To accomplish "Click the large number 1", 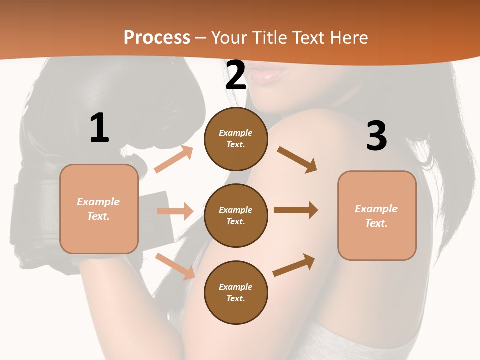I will click(x=99, y=128).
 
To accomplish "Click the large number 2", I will click(x=236, y=76).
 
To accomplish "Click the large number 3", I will click(x=377, y=136).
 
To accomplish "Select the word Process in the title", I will click(x=157, y=38).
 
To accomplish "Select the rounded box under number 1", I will click(x=99, y=209).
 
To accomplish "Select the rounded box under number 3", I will click(x=377, y=215).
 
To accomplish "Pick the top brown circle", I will click(x=236, y=139).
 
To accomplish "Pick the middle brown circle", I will click(x=236, y=215).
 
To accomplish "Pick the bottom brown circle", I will click(x=236, y=292).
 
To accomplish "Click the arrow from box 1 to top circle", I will click(x=174, y=159).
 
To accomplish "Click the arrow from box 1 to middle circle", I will click(x=175, y=211).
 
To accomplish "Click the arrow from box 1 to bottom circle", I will click(x=175, y=266).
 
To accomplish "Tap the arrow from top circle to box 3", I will click(x=297, y=159).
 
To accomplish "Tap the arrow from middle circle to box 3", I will click(x=295, y=210).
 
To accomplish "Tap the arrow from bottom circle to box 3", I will click(x=294, y=265).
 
